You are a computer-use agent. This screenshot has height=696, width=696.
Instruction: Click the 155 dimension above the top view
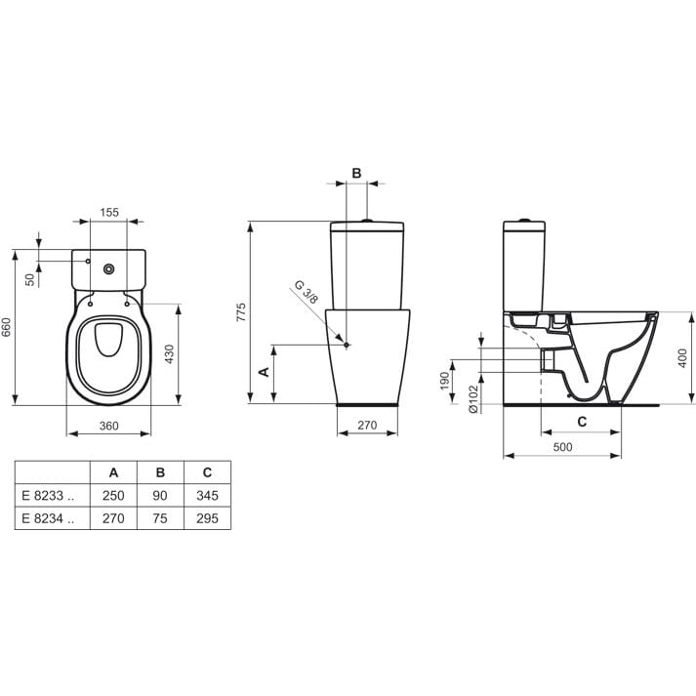coord(109,213)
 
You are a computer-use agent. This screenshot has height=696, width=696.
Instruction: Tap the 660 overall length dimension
coord(6,327)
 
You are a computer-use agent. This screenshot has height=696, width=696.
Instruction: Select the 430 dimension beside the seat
coord(170,354)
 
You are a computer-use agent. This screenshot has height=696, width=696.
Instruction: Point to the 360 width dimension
coord(108,427)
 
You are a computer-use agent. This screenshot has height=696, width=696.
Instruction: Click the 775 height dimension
coord(240,312)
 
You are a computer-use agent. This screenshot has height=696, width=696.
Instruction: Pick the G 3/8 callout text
coord(307,292)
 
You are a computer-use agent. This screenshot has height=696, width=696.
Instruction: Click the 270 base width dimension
coord(367,426)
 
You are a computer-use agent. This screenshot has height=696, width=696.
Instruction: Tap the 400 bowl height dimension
coord(682,358)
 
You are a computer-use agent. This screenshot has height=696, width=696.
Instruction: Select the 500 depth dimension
coord(562,447)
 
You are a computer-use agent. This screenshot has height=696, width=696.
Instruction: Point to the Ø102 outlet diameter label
coord(473,399)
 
